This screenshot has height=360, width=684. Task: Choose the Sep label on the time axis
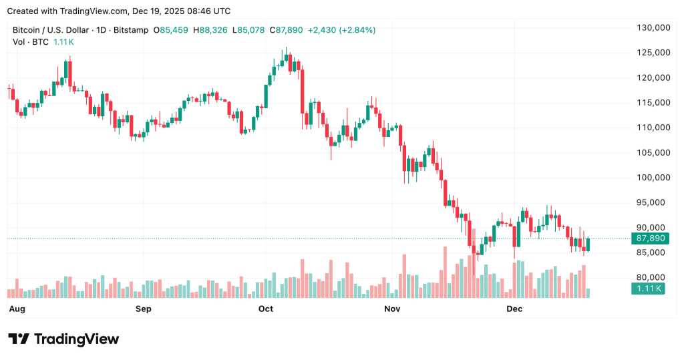143,309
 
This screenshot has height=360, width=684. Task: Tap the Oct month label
266,309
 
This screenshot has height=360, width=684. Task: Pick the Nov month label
392,309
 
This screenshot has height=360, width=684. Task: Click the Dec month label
514,309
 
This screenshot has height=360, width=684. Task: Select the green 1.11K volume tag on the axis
647,289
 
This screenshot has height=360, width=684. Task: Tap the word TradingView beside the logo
76,339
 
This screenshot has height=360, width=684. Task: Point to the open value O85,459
171,30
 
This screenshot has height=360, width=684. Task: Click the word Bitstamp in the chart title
131,30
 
